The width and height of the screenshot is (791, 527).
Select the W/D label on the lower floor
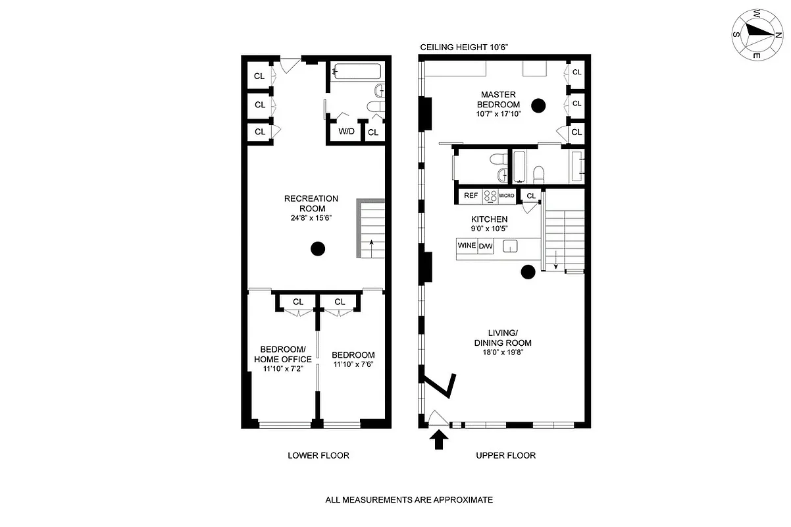pos(346,132)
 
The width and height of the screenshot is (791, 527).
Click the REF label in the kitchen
pos(471,196)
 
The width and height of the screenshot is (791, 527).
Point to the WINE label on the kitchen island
pos(467,246)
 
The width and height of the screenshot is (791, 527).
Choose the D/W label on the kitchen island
pos(486,246)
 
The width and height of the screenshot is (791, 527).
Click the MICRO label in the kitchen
pos(506,196)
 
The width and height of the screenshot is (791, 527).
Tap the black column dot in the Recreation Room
pos(318,249)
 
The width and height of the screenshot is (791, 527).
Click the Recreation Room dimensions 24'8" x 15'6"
pos(311,219)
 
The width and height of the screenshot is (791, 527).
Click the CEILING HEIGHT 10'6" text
pos(465,47)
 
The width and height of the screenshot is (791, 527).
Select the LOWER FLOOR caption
pos(319,455)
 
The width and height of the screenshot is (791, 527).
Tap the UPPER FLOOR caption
pos(506,455)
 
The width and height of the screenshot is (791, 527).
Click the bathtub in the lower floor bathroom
pos(356,70)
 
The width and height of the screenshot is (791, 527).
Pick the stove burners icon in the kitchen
pos(490,196)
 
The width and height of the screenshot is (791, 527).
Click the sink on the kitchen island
pos(510,246)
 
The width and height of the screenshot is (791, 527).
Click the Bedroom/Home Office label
pos(282,354)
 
